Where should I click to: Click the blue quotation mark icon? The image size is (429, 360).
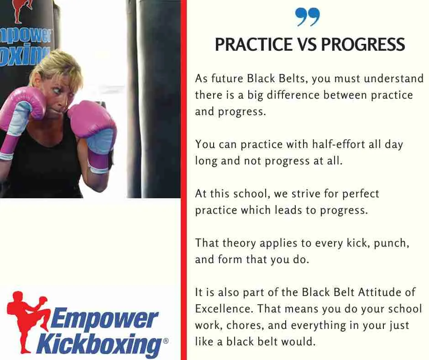point(308,17)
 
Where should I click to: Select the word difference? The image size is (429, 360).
point(293,95)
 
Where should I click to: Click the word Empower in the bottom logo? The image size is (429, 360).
point(104,318)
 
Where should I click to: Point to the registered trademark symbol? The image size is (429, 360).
point(166,341)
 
